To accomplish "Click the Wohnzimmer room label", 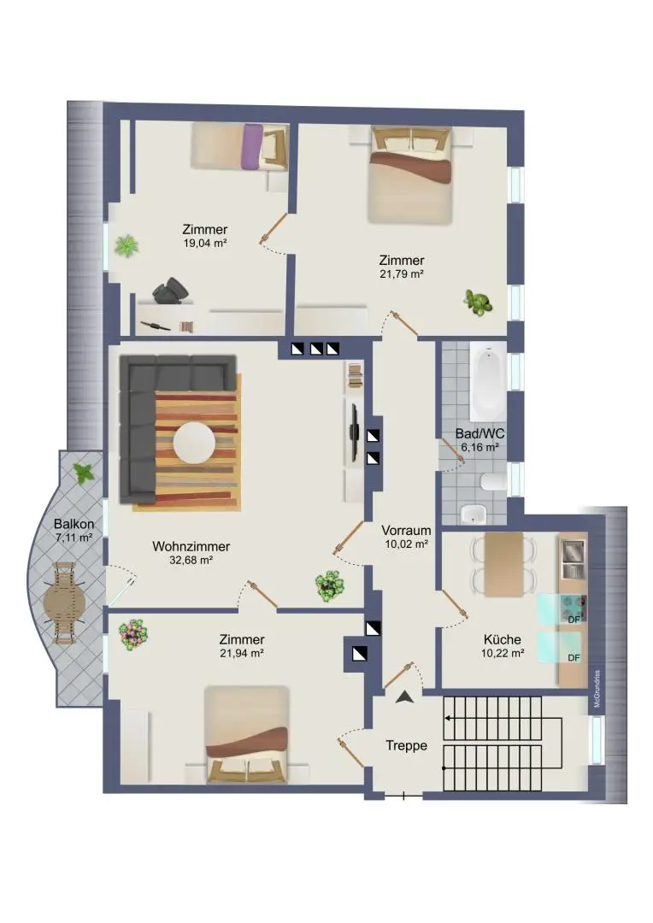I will point(191,546).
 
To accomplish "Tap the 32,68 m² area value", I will point(191,561).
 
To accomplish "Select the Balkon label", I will point(73,524).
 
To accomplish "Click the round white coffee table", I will point(194,443).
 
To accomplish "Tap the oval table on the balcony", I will point(64,604).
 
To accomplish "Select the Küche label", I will point(502,639).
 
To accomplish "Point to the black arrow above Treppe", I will point(405,697).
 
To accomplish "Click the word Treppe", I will point(405,745).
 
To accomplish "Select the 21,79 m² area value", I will point(402,274).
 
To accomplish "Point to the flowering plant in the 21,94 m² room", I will point(133,634).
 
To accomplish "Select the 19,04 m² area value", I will point(204,243).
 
